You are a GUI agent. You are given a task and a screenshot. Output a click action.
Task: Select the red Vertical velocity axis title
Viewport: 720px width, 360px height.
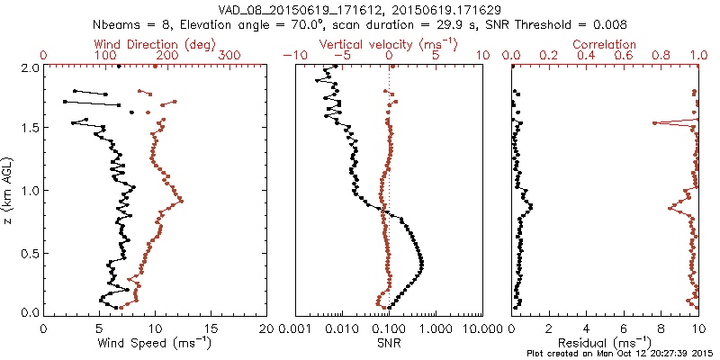388,44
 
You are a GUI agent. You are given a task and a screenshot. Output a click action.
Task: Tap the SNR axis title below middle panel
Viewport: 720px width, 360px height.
388,343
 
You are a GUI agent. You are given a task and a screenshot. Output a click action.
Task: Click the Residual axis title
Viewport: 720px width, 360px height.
605,343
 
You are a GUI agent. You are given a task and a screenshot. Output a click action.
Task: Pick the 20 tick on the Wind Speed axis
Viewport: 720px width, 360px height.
267,328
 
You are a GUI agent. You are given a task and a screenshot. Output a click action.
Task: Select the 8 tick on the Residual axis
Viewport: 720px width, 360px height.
661,328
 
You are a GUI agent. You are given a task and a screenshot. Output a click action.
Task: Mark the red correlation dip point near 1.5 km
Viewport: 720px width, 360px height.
654,123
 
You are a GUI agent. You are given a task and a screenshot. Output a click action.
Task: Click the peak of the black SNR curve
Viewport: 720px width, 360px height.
422,263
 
